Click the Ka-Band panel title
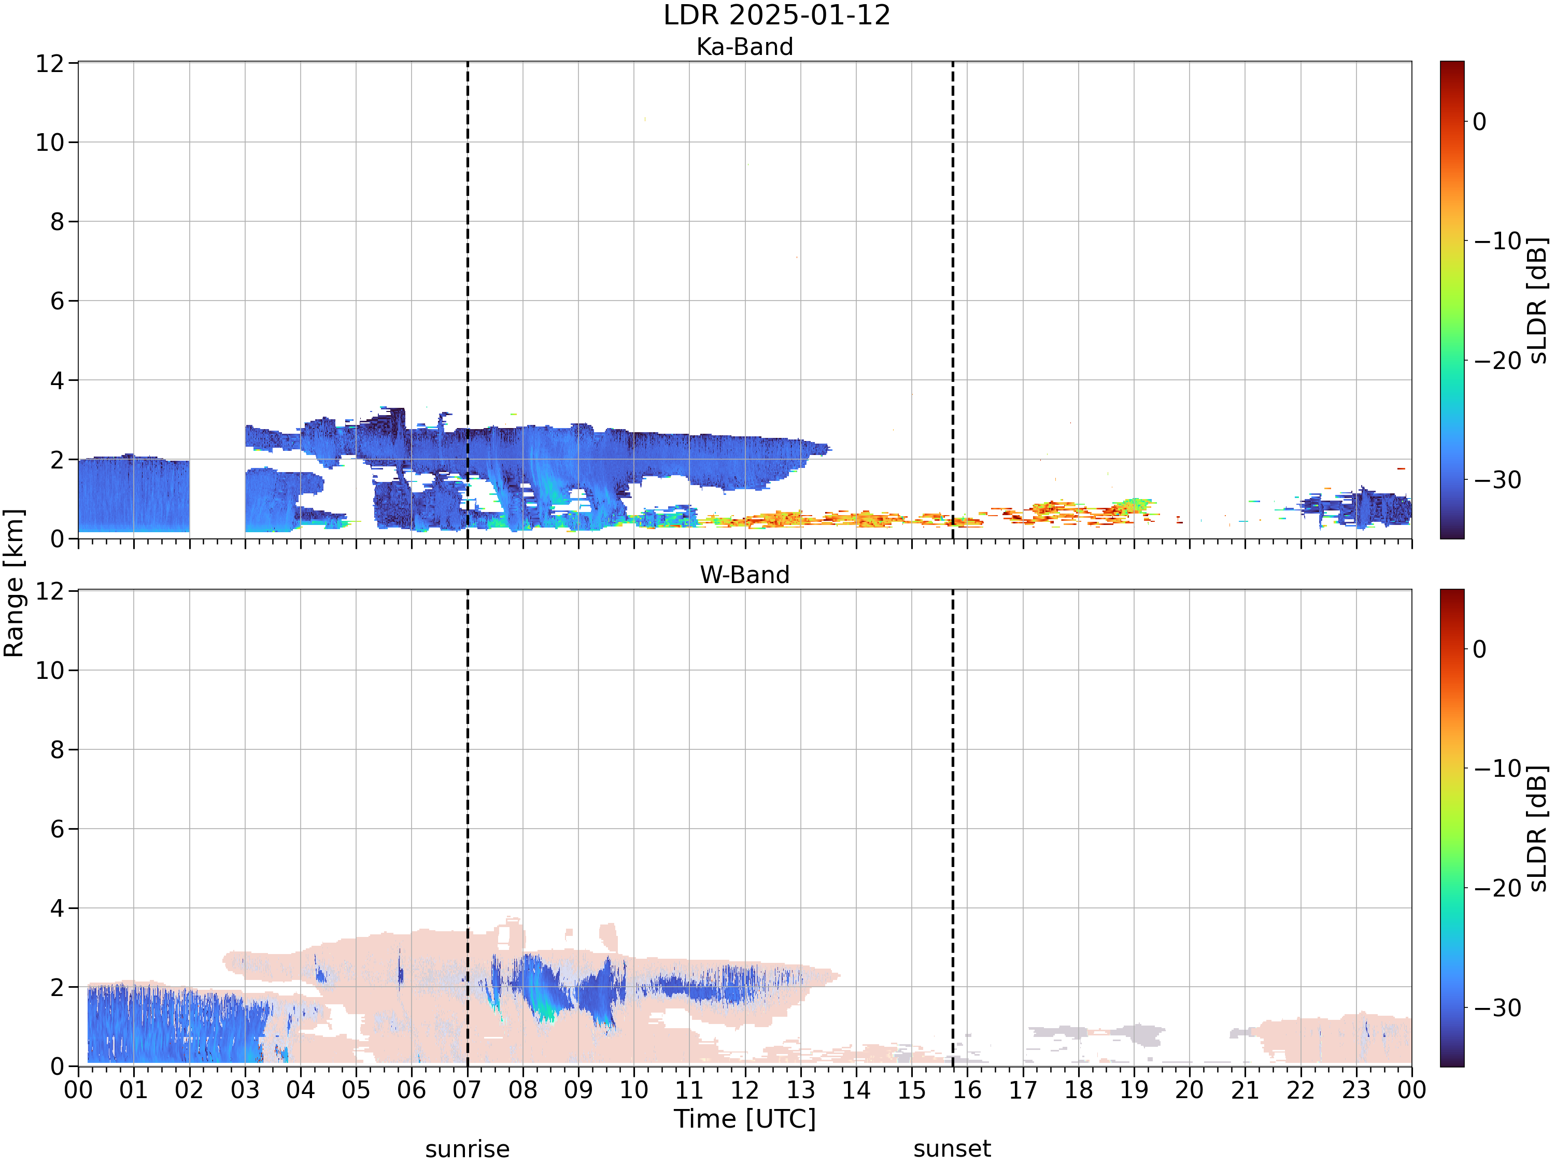pos(744,47)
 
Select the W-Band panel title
pos(744,574)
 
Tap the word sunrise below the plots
pos(468,1148)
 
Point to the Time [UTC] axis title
pos(744,1118)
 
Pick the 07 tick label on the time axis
pos(467,1090)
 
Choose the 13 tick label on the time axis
pos(800,1090)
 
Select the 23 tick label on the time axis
pos(1356,1090)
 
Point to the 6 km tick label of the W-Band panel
pos(57,829)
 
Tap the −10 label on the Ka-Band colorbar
pos(1497,241)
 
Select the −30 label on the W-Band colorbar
pos(1497,1008)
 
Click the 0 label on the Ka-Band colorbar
pos(1480,122)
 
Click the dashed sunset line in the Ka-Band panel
pos(953,300)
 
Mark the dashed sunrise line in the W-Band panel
pos(468,828)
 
